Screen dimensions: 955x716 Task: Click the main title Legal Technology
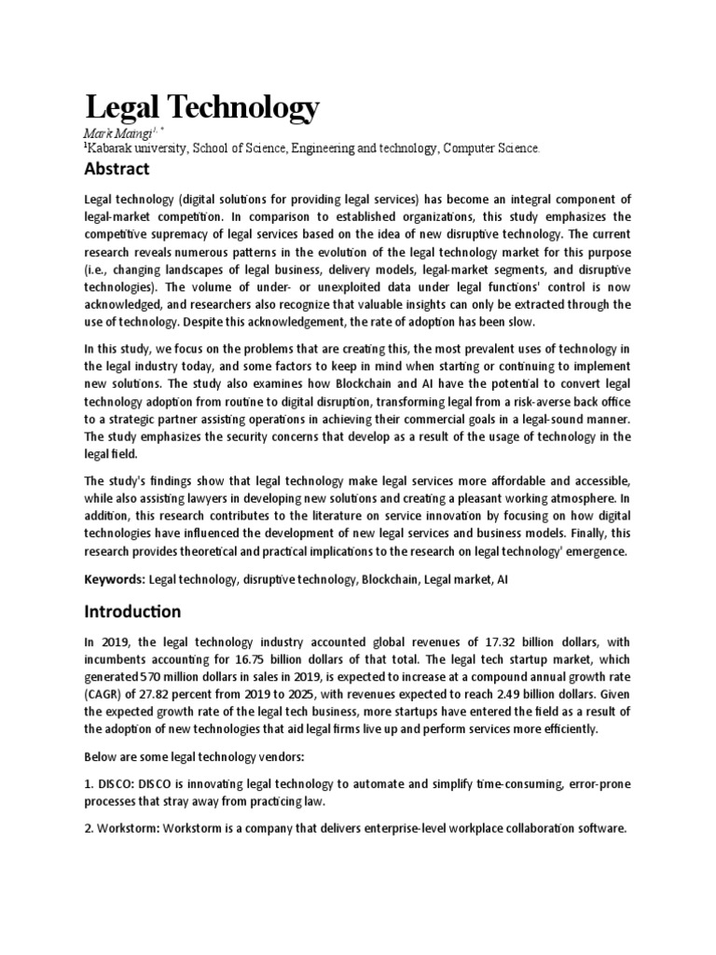(x=201, y=107)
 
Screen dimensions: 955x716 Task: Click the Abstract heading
(x=117, y=170)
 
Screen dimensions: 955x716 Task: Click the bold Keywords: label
(x=115, y=580)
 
